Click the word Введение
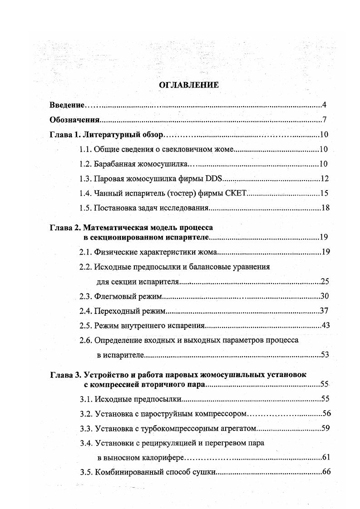67,105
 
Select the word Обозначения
74,120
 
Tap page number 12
324,179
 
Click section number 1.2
85,164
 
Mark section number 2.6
85,340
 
